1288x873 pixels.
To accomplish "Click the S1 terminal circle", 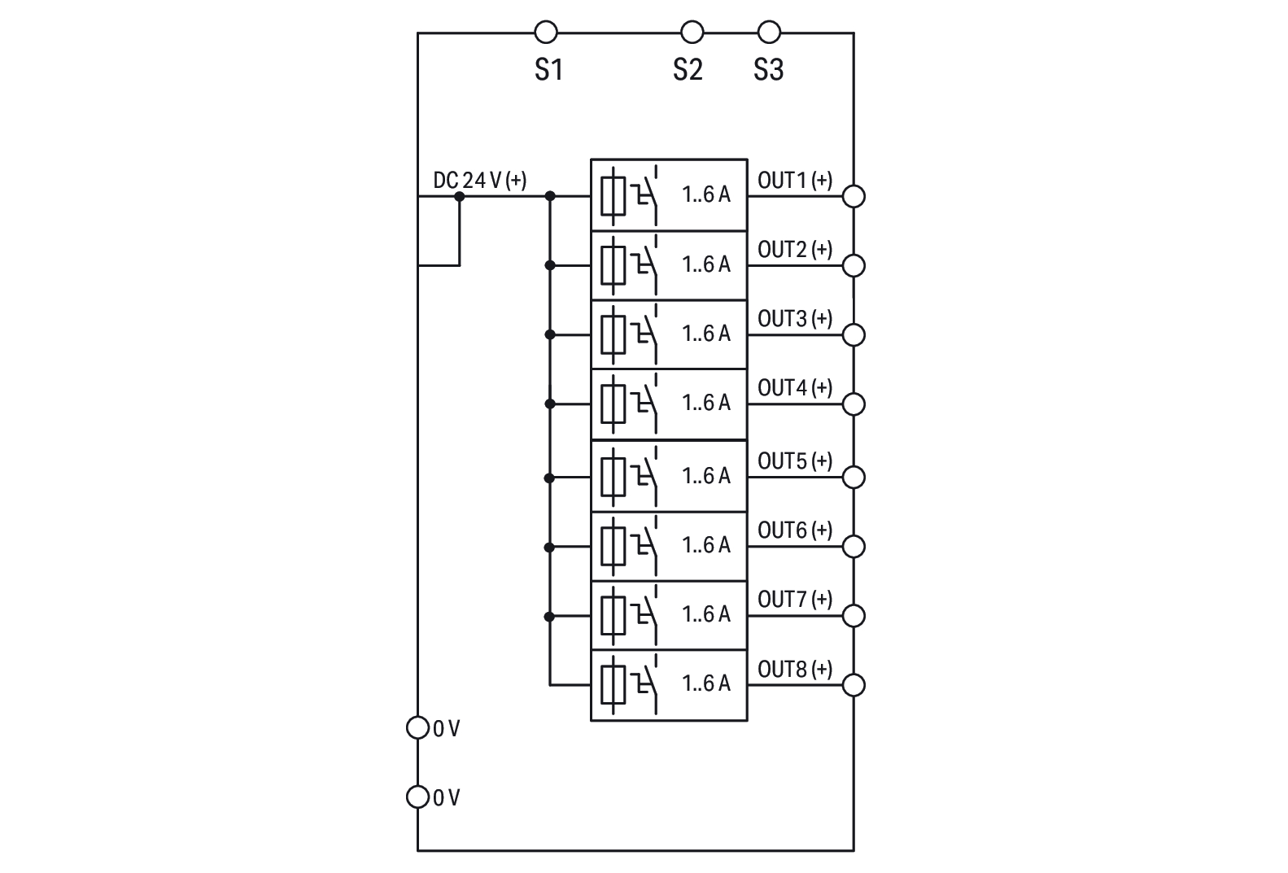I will click(x=546, y=33).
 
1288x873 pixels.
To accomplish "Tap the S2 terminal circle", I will click(x=692, y=33).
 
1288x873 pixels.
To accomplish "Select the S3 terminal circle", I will click(x=769, y=33).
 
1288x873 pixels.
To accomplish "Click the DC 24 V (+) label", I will click(x=479, y=180).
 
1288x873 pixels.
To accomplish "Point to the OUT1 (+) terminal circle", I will click(x=854, y=196).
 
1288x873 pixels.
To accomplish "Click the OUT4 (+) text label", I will click(x=794, y=388).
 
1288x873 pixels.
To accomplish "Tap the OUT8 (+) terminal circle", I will click(x=854, y=685).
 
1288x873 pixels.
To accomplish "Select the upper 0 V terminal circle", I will click(x=417, y=727).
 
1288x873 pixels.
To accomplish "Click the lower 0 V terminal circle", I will click(x=417, y=797).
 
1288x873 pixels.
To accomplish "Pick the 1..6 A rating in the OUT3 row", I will click(x=706, y=334).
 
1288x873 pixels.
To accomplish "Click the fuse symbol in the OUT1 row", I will click(x=613, y=196).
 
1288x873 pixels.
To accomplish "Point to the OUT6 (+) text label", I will click(x=794, y=530).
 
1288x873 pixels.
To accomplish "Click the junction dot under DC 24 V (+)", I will click(x=459, y=196).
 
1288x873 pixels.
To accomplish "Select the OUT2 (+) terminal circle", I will click(x=854, y=265).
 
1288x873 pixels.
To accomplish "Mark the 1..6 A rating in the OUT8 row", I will click(x=706, y=683).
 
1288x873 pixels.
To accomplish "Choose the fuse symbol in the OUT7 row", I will click(x=613, y=616).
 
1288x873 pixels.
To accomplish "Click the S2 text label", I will click(x=687, y=70).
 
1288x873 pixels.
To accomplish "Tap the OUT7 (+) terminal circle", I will click(x=854, y=616).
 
